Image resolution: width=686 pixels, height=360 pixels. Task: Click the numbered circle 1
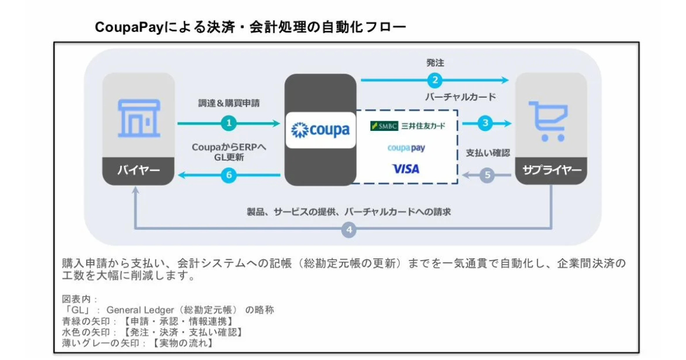229,123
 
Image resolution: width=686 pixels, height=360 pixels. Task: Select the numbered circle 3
486,123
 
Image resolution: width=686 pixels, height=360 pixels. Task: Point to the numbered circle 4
349,230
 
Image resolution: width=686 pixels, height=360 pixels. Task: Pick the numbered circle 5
487,175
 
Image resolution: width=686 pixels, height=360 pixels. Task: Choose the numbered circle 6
229,175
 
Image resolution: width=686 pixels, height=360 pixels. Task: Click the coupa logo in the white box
321,130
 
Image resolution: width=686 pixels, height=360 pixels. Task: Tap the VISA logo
406,169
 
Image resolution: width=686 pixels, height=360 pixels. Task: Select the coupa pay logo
406,148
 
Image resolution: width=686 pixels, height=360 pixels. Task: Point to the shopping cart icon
548,121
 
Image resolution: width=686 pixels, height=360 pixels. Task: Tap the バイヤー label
138,170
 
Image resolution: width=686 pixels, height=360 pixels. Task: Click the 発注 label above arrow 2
435,63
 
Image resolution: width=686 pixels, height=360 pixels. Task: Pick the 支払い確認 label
488,153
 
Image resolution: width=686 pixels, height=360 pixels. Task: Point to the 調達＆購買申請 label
229,104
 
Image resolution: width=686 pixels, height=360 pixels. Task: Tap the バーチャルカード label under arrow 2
460,97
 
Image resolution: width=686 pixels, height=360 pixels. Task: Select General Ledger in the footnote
139,310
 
